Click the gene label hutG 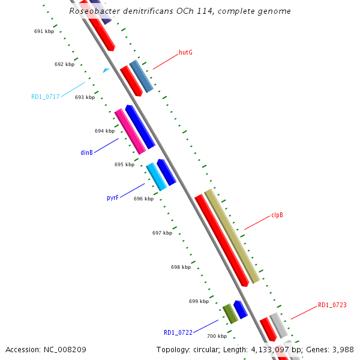click(x=185, y=52)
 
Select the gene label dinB click(x=86, y=152)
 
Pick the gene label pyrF click(x=113, y=197)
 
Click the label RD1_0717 click(x=46, y=97)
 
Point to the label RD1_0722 click(x=178, y=332)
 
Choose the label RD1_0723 click(x=332, y=305)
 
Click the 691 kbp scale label click(x=44, y=31)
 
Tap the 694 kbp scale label click(x=104, y=131)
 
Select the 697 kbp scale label click(x=162, y=233)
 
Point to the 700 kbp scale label click(x=217, y=336)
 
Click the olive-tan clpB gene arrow click(x=232, y=236)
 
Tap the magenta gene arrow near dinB click(x=130, y=131)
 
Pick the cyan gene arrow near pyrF click(x=157, y=177)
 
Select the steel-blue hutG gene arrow click(x=142, y=76)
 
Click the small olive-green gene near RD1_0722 click(x=230, y=313)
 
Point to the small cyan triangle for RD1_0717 click(x=106, y=70)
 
